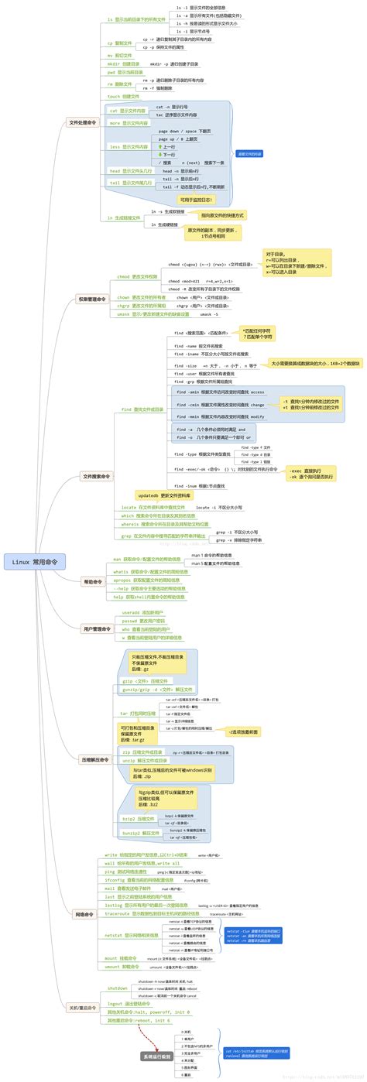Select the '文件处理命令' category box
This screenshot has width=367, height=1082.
coord(84,122)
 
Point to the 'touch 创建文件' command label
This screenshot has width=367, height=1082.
coord(124,97)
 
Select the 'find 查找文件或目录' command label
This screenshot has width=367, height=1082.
coord(142,409)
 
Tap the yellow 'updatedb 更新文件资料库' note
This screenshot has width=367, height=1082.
coord(165,495)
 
